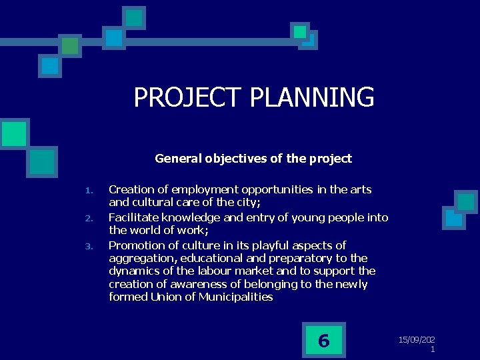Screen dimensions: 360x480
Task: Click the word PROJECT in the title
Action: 189,97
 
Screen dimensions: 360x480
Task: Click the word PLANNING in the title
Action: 312,97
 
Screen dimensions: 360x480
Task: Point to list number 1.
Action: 89,191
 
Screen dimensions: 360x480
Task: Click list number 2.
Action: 89,219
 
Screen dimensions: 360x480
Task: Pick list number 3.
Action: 89,246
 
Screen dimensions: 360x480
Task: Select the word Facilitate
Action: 130,217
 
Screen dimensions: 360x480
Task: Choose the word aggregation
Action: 138,258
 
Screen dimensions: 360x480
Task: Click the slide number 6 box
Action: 323,341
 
